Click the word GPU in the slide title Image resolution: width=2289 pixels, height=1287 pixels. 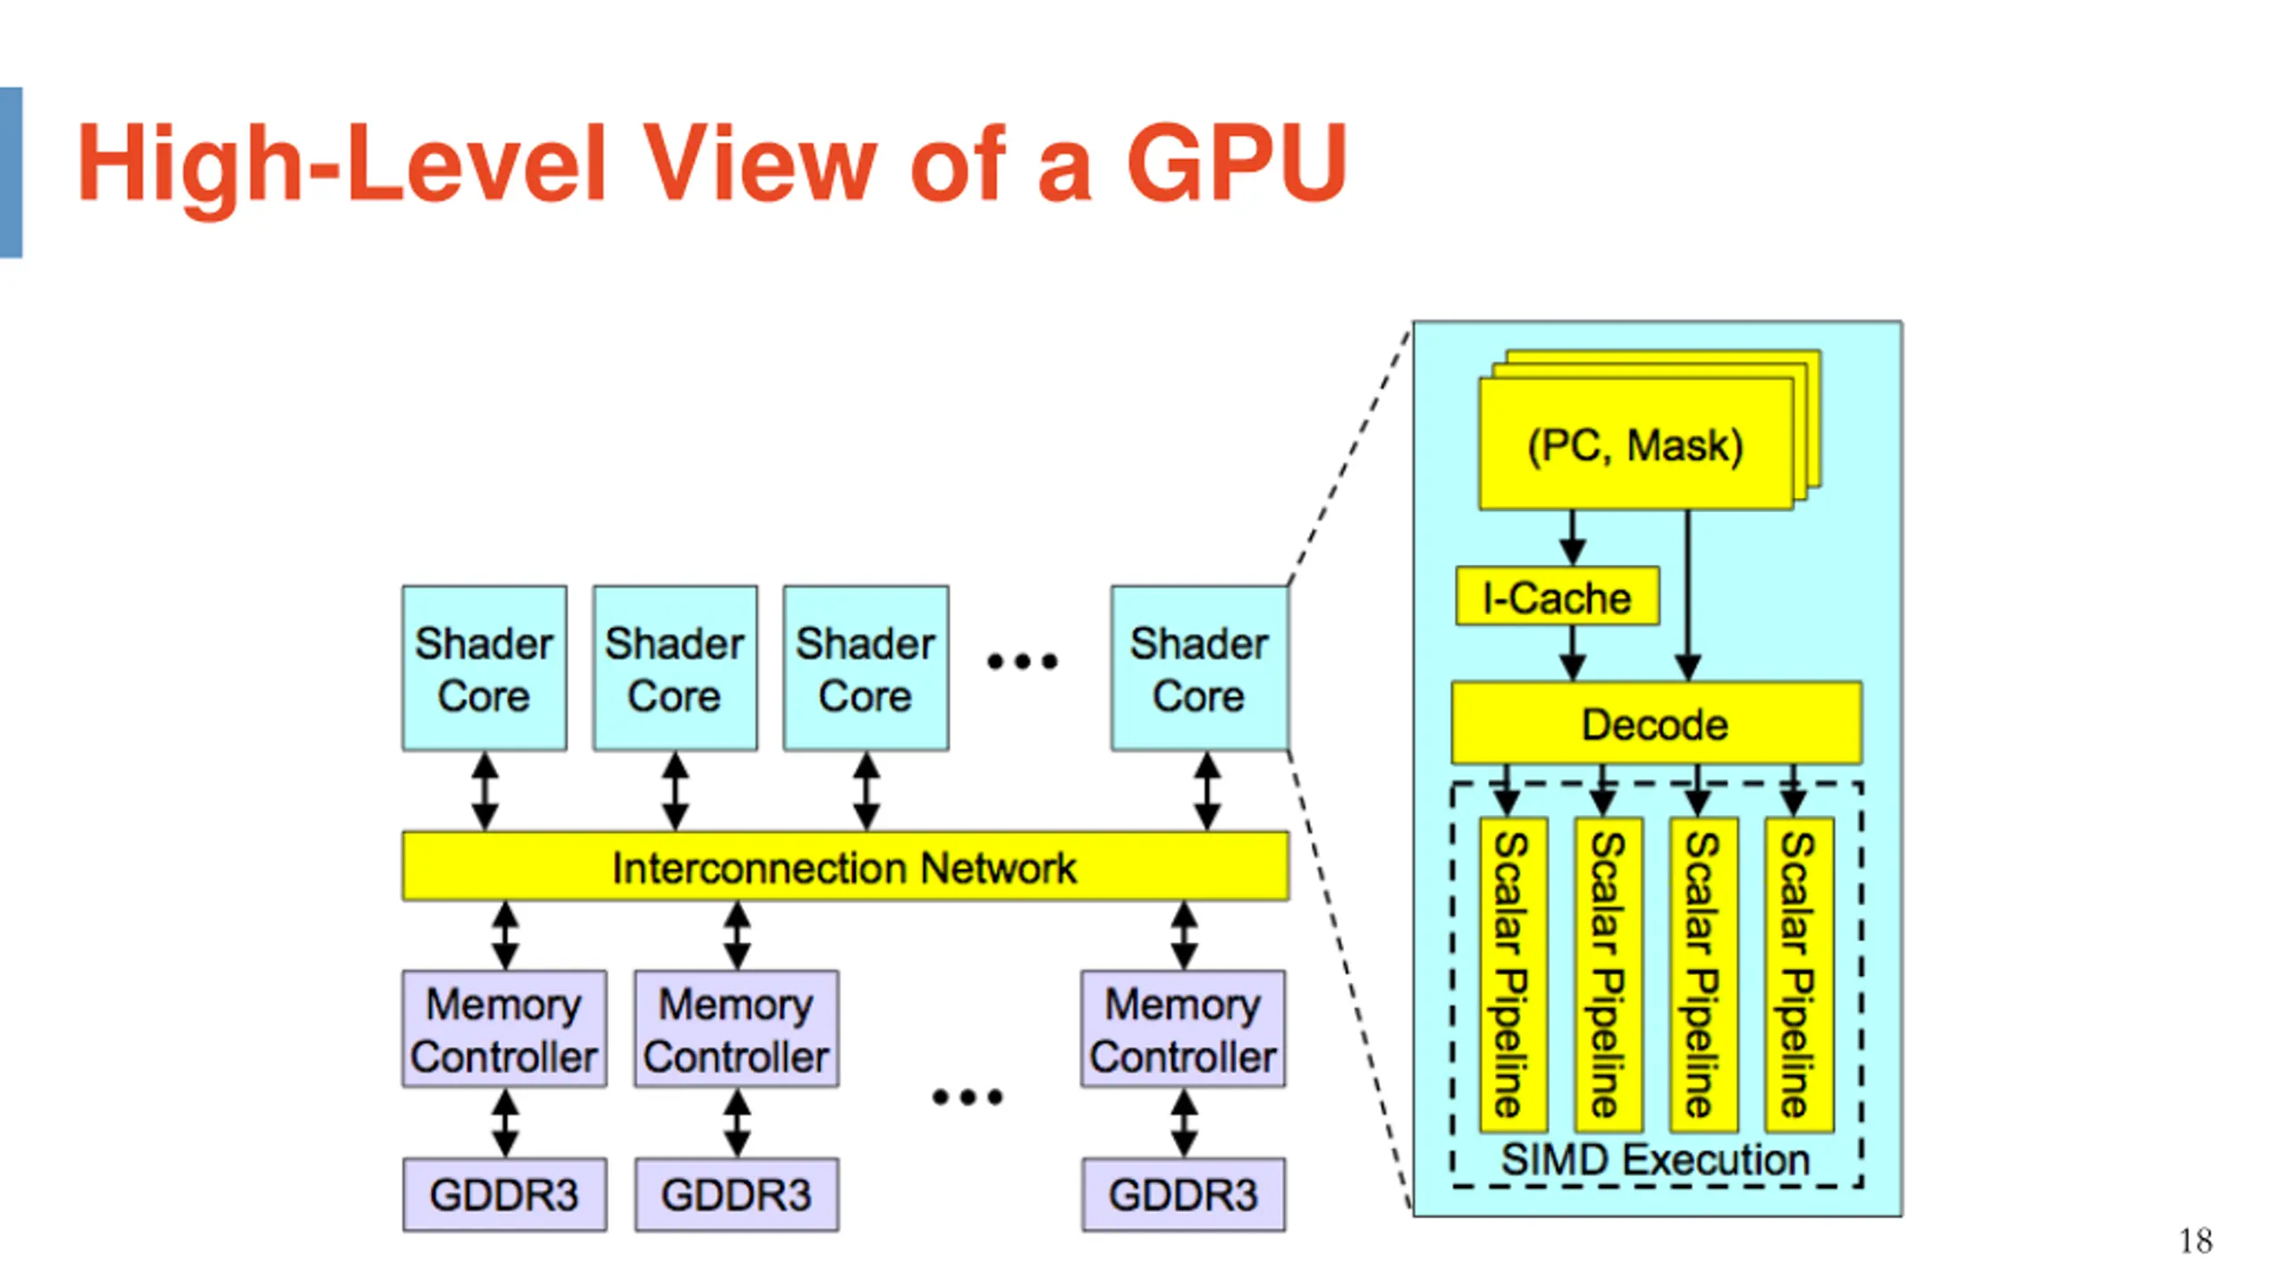1237,163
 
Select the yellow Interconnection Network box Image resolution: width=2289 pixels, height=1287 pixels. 845,866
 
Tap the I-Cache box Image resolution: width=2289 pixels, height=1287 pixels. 1558,596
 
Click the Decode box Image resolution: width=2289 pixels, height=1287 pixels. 1657,723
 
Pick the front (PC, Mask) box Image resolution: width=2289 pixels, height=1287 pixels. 1636,444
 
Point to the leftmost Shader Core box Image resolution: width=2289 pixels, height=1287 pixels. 484,669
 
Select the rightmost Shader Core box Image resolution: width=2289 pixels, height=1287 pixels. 1200,669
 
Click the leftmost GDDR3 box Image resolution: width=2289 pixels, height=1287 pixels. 504,1195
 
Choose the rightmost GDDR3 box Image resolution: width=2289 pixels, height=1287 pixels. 1184,1195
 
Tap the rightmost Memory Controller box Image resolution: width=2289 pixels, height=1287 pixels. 1183,1029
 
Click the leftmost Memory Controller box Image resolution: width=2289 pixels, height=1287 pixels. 504,1029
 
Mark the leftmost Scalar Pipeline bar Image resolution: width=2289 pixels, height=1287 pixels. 1514,975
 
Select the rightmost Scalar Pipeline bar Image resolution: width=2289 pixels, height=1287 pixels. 1800,975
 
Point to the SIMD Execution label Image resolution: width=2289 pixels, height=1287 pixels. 1655,1159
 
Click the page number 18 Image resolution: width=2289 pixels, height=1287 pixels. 2196,1241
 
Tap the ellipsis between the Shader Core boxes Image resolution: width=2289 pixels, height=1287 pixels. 1022,661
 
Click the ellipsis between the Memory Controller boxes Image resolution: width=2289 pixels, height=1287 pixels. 967,1097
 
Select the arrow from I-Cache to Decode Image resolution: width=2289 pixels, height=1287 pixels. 1573,653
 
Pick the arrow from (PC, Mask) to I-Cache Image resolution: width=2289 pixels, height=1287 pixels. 1573,538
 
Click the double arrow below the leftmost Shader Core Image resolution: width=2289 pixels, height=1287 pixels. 485,791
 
